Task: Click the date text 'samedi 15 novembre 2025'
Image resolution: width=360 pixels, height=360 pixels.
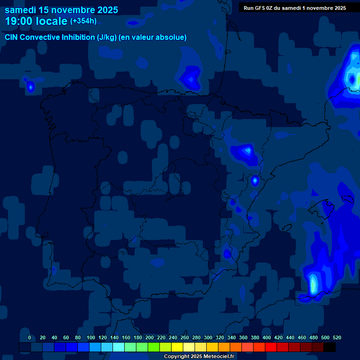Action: [61, 10]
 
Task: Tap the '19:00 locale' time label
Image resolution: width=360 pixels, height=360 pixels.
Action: [36, 21]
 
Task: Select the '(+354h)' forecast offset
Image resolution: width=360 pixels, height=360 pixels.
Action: [83, 21]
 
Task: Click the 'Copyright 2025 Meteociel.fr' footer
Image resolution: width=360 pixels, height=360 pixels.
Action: [199, 357]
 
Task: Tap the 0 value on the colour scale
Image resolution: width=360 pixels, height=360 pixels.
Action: [30, 337]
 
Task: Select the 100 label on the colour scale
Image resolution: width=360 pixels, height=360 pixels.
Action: [91, 337]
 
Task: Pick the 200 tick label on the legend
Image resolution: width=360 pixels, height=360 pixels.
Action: [150, 337]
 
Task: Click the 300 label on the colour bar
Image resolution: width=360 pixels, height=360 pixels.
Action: [208, 337]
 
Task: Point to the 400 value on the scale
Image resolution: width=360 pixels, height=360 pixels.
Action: [267, 337]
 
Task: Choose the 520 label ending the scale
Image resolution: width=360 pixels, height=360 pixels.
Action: [337, 337]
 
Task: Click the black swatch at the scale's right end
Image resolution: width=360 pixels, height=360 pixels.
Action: [330, 347]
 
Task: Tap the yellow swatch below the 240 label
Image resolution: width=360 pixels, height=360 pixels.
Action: [177, 347]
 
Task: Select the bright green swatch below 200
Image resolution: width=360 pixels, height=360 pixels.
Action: [154, 347]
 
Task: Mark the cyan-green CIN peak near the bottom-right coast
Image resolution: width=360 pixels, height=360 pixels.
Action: [313, 284]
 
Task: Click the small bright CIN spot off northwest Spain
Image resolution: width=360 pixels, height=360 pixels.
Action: [30, 87]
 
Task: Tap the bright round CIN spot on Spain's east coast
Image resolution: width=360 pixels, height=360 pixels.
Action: [255, 180]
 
